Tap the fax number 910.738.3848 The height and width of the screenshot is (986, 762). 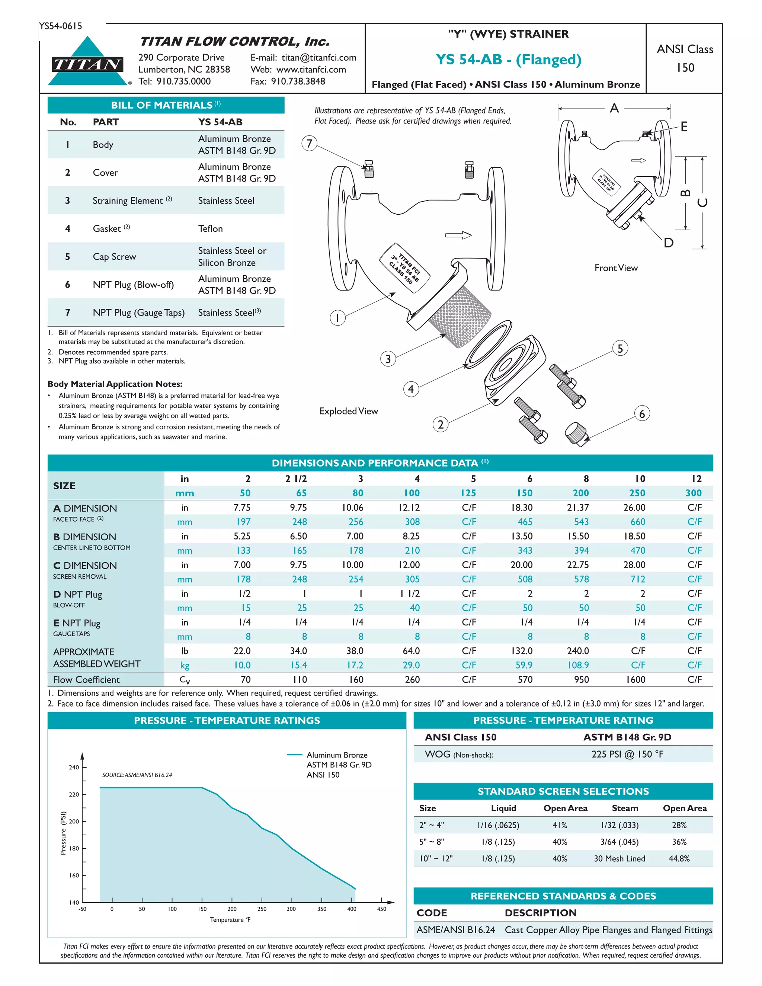coord(298,81)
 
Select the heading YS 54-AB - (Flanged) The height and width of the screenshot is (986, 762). coord(508,60)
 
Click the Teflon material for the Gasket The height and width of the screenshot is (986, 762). coord(210,229)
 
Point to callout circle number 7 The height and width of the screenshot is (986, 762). coord(309,144)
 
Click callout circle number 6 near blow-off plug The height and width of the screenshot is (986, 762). coord(642,413)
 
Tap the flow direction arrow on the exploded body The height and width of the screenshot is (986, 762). coord(458,235)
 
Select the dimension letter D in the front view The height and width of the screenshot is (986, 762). coord(669,243)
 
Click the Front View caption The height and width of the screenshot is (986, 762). coord(616,268)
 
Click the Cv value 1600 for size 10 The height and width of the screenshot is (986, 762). coord(635,679)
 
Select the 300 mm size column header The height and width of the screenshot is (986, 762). coord(694,493)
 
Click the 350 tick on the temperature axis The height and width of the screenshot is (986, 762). coord(321,909)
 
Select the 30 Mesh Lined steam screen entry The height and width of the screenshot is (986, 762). coord(619,859)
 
